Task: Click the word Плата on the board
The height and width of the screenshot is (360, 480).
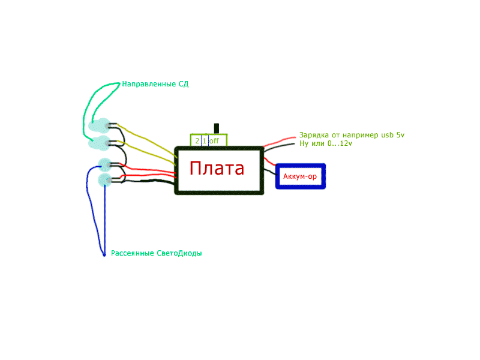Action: click(217, 169)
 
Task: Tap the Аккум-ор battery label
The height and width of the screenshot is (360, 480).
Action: click(300, 176)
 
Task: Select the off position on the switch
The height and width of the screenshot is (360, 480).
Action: click(214, 141)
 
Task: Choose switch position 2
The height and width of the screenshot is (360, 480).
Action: click(197, 141)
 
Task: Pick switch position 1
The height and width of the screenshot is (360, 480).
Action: click(204, 141)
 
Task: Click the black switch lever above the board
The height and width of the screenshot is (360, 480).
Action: click(217, 128)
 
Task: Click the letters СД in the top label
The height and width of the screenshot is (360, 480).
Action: click(184, 84)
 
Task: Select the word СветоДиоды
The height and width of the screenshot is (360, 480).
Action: click(179, 253)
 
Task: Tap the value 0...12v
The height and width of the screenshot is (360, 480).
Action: click(338, 144)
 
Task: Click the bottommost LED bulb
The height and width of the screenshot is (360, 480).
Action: click(105, 179)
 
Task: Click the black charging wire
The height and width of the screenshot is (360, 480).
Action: click(281, 147)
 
